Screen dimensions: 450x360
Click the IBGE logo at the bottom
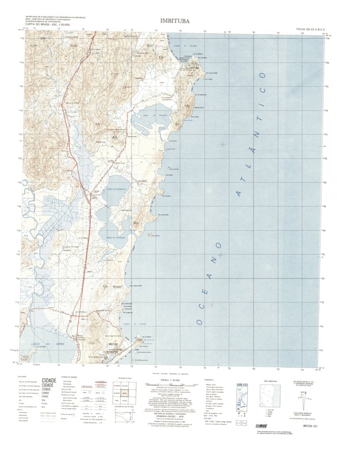260,425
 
